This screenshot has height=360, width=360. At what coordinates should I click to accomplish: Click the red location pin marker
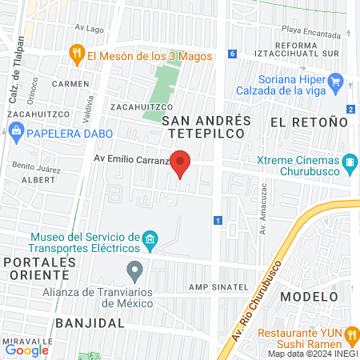(x=182, y=163)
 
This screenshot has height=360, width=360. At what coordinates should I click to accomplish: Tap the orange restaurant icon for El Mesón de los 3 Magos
(x=78, y=55)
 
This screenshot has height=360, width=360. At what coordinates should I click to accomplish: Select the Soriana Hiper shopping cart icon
(x=336, y=81)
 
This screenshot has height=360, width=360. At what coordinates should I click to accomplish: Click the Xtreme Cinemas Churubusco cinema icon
(x=350, y=165)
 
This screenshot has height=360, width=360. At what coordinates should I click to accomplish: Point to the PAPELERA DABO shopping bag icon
(x=15, y=134)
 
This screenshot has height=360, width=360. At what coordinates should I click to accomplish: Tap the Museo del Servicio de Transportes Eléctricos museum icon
(x=149, y=239)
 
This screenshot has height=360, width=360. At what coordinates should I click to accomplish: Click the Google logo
(x=26, y=350)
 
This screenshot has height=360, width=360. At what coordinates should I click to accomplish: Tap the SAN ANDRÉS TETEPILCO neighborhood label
(x=206, y=127)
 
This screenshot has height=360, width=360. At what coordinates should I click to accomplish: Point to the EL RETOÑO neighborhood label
(x=309, y=122)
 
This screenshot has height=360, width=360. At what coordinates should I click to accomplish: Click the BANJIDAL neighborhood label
(x=90, y=323)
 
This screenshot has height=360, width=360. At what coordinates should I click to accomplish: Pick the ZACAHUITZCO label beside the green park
(x=119, y=106)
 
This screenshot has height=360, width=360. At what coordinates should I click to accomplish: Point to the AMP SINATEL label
(x=215, y=286)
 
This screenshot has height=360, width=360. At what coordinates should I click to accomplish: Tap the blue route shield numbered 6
(x=232, y=54)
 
